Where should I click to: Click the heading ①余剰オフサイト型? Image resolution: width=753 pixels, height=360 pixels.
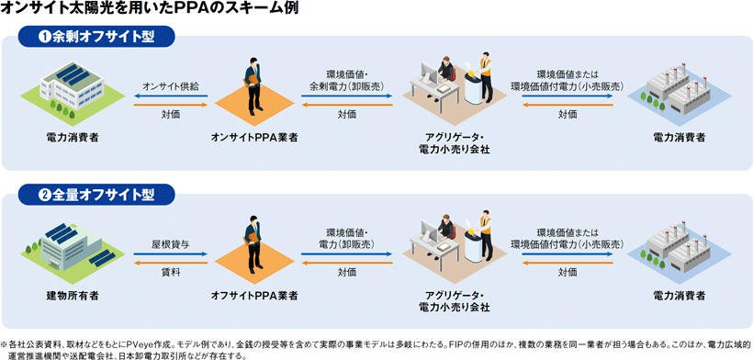point(97,37)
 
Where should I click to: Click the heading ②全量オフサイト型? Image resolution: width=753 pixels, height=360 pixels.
point(97,195)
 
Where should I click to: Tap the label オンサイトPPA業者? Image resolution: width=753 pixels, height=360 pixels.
point(254,137)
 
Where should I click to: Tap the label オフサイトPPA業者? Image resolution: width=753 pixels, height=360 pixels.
point(254,295)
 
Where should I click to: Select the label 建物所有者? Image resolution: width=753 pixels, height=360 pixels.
point(73,295)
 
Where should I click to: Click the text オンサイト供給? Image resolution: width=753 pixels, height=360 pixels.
point(171,86)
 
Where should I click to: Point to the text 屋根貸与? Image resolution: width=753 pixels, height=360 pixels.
point(171,244)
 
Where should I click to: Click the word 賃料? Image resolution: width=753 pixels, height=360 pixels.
point(171,272)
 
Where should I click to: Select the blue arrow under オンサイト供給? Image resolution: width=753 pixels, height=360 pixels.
point(171,96)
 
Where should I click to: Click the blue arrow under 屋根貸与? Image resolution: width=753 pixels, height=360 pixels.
point(171,254)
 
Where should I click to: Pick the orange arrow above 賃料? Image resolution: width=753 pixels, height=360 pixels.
point(171,262)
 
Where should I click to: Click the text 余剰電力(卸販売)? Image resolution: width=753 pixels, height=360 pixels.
point(347,86)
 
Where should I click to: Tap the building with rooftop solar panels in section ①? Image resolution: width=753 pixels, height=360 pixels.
point(73,84)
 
